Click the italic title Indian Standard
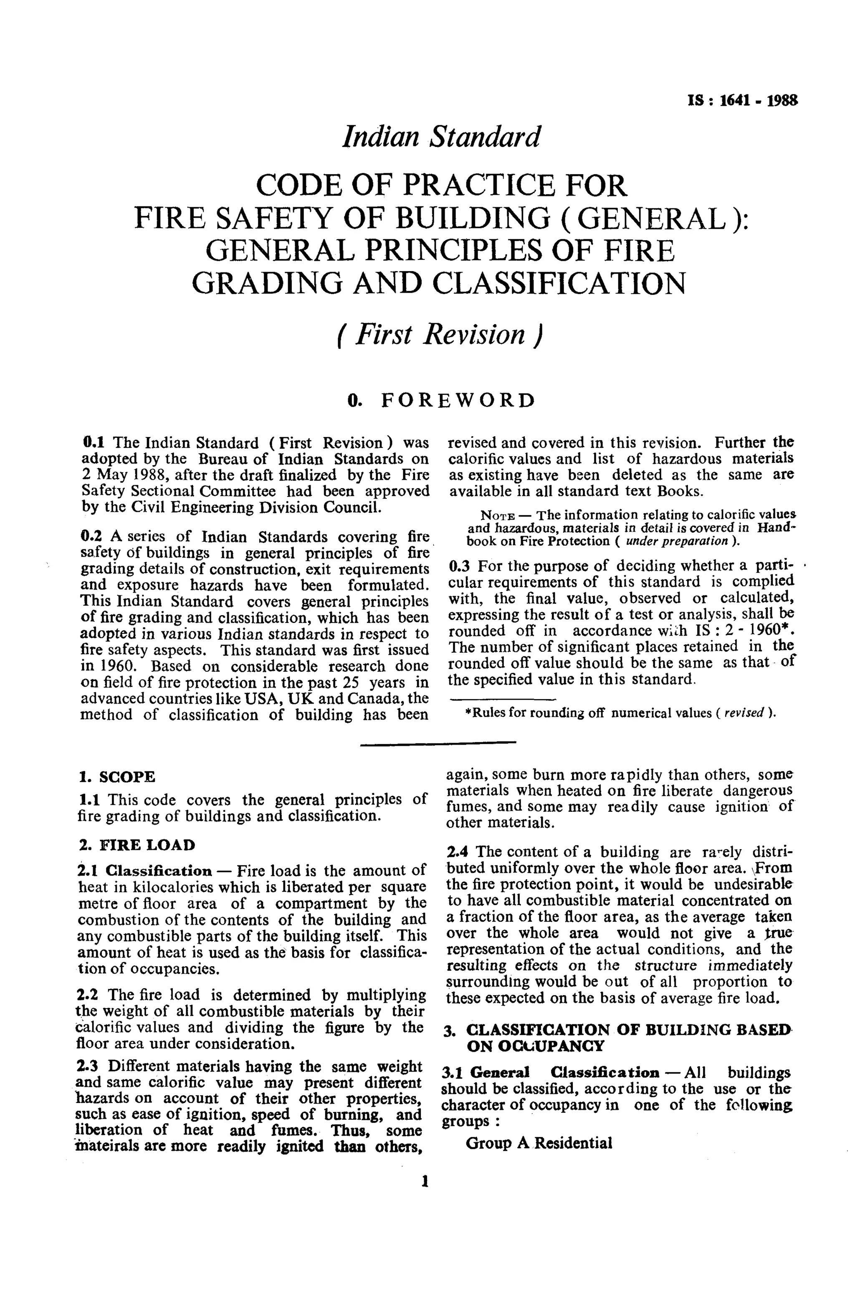click(x=441, y=137)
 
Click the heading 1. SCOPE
click(x=117, y=777)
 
